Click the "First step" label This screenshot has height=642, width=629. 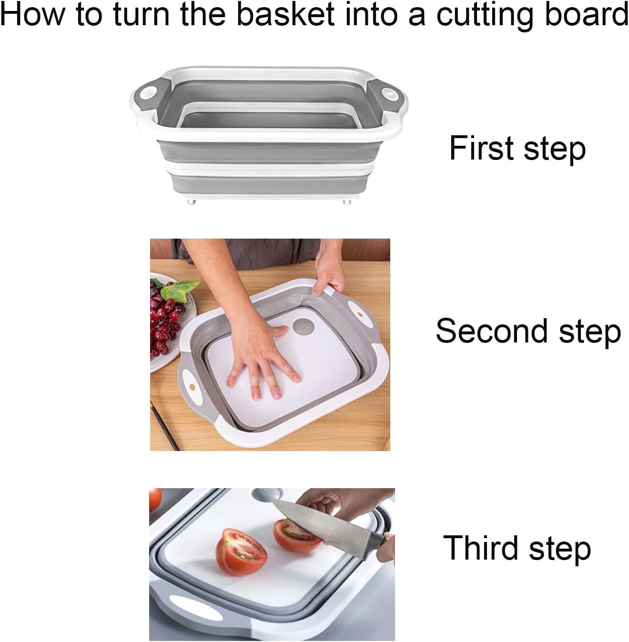[x=517, y=148]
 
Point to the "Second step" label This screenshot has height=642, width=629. [x=528, y=331]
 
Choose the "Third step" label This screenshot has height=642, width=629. [x=517, y=548]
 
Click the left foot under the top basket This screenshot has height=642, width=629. [x=192, y=202]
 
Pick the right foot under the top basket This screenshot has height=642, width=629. [x=347, y=202]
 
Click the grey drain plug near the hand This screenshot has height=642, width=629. [x=301, y=327]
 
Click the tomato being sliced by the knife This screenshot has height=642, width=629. [x=294, y=536]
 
